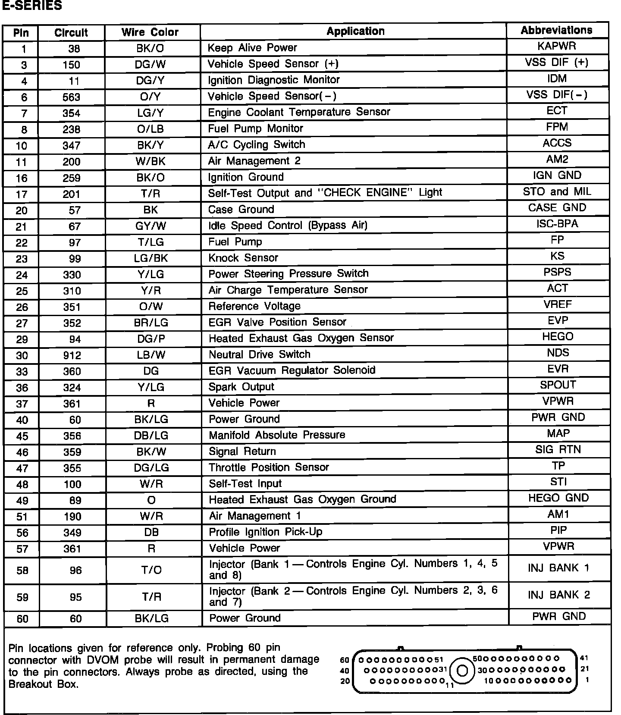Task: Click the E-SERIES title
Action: (32, 6)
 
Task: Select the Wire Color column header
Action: (150, 32)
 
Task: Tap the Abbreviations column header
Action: (556, 30)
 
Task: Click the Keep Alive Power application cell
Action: (252, 48)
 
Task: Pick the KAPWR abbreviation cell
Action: (557, 46)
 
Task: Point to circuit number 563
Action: (71, 97)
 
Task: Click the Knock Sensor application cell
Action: (243, 258)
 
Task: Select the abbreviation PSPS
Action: (557, 273)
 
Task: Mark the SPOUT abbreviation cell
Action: (558, 385)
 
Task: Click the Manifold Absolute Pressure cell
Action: (277, 435)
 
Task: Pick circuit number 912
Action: (72, 356)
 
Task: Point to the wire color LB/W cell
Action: (151, 355)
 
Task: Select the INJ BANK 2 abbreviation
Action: (558, 595)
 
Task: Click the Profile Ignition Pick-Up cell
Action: (265, 532)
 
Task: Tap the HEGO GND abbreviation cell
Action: (558, 499)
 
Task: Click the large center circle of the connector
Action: (462, 671)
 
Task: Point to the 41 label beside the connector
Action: (584, 658)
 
